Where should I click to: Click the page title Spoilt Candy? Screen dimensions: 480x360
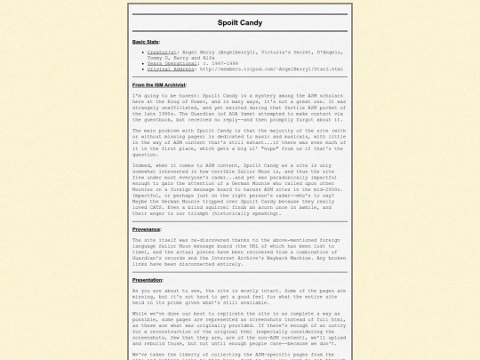pyautogui.click(x=239, y=21)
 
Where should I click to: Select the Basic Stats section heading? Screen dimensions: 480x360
pyautogui.click(x=147, y=42)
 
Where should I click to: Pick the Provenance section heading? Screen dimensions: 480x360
pyautogui.click(x=147, y=229)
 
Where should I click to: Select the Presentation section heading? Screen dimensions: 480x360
pyautogui.click(x=148, y=279)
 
